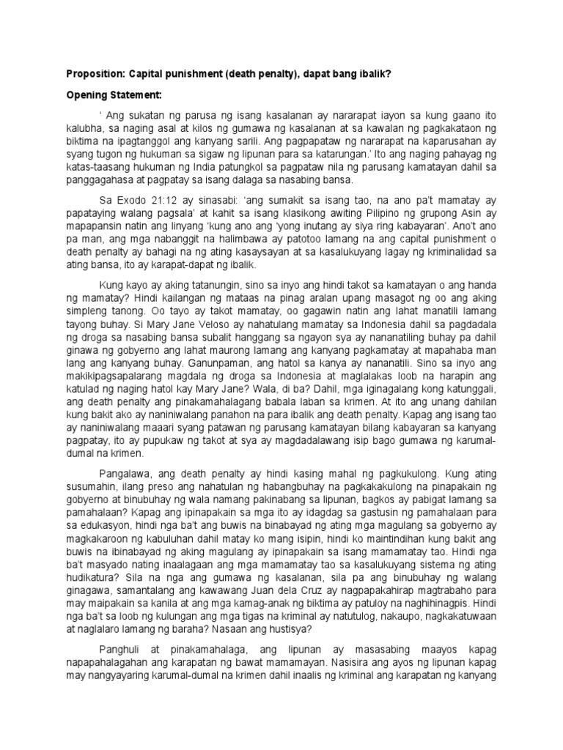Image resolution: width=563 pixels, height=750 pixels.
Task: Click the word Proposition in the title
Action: [x=95, y=73]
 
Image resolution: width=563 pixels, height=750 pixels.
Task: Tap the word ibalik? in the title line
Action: [x=372, y=73]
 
